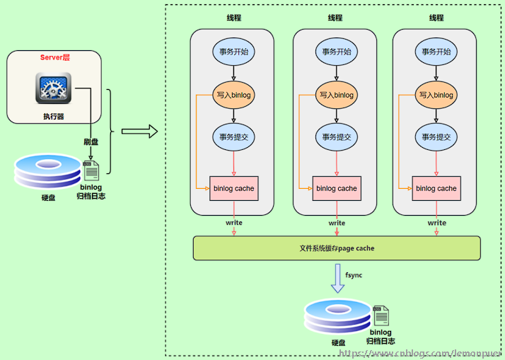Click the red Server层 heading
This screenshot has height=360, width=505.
[55, 57]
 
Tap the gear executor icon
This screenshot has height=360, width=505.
[53, 91]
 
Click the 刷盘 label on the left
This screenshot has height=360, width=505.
[91, 141]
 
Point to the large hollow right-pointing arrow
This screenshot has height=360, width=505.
[138, 131]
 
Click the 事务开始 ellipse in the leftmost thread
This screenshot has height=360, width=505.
[233, 52]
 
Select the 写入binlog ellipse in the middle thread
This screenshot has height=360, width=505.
[336, 95]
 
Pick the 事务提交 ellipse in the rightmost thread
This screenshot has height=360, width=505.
[436, 137]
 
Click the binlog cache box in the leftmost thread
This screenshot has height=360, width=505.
[234, 188]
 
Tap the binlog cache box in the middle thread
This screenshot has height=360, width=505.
[337, 188]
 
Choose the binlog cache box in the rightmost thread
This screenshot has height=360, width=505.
[436, 188]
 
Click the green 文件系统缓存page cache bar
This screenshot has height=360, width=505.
[337, 248]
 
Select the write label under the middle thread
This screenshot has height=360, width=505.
[337, 223]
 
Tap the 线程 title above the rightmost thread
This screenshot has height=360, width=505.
[436, 18]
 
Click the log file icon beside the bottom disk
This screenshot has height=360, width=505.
[381, 315]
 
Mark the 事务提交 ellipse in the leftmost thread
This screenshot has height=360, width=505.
[233, 137]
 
